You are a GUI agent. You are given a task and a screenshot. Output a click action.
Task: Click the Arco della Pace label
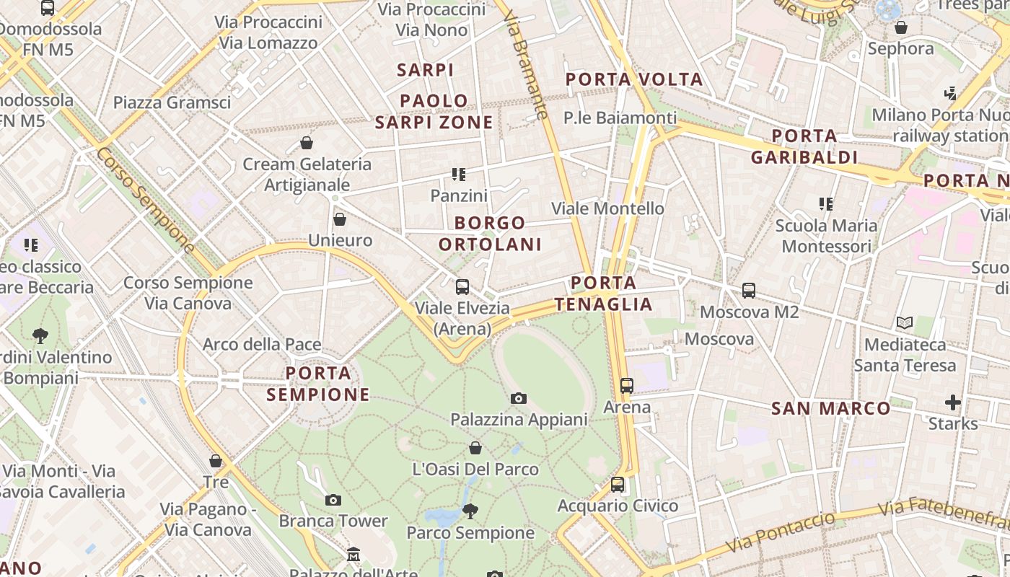pos(261,344)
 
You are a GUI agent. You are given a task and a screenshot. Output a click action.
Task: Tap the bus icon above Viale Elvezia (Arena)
pos(462,287)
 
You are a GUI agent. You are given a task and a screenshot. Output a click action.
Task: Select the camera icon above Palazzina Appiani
pos(518,399)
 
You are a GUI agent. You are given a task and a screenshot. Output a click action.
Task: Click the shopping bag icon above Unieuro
pos(340,219)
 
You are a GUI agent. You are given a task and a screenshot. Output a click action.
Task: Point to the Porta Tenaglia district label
pos(603,293)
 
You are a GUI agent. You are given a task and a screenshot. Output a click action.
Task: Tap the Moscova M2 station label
pos(749,312)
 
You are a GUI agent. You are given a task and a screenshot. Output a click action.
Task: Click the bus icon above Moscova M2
pos(749,291)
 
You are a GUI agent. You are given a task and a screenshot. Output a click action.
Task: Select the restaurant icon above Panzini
pos(459,175)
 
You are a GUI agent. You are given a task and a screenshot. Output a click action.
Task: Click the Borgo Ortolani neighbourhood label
pos(490,233)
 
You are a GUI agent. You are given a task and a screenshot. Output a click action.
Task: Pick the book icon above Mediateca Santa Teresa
pos(905,323)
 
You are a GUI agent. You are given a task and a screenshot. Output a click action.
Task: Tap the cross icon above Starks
pos(953,402)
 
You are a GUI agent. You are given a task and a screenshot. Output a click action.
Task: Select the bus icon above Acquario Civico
pos(618,485)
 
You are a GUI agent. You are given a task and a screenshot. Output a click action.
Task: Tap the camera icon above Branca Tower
pos(333,500)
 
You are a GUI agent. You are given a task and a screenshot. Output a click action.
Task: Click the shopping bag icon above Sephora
pos(901,28)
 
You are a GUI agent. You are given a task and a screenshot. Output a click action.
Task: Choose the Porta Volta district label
pos(634,79)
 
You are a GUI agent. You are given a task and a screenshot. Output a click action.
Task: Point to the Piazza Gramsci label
pos(172,102)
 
